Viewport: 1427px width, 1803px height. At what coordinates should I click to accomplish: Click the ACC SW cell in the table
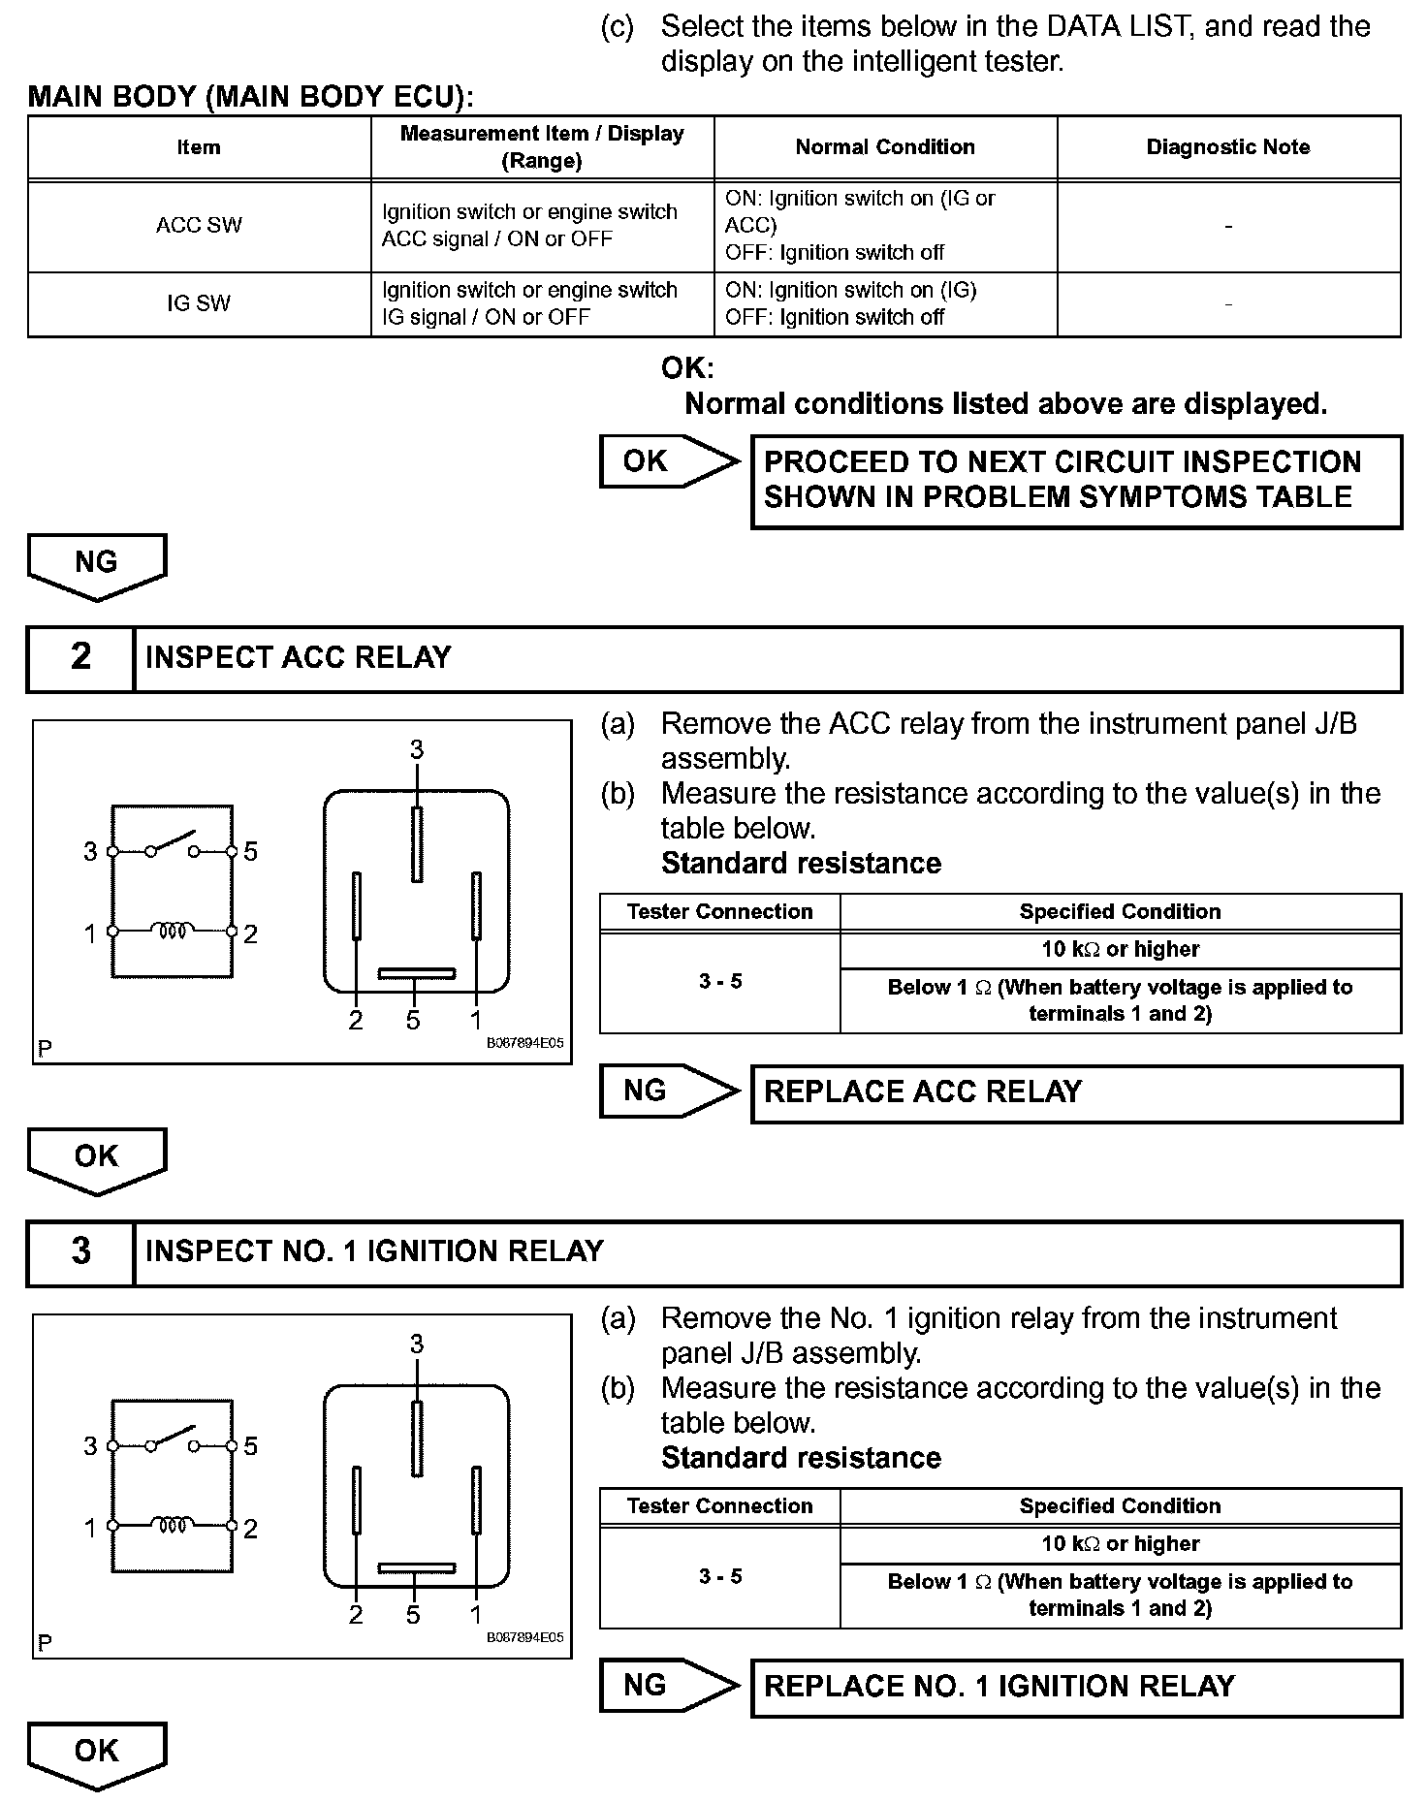click(x=199, y=226)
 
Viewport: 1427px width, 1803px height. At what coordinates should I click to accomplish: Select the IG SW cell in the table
click(x=199, y=304)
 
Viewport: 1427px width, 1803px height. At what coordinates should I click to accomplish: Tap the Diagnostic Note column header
click(x=1228, y=147)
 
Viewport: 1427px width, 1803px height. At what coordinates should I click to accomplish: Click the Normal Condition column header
click(x=885, y=147)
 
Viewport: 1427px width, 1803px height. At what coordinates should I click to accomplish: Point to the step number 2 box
click(x=80, y=658)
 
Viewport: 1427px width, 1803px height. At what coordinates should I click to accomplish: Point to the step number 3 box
click(x=80, y=1252)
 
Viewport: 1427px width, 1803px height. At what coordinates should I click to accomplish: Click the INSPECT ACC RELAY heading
click(x=299, y=658)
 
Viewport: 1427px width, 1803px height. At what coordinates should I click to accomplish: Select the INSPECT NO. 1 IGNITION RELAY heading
click(x=374, y=1252)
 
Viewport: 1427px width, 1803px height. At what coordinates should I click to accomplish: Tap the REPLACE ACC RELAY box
click(x=1076, y=1092)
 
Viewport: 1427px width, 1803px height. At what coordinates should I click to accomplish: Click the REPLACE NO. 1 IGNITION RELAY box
click(x=1076, y=1687)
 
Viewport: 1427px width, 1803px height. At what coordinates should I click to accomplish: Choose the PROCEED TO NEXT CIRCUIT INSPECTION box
click(x=1076, y=481)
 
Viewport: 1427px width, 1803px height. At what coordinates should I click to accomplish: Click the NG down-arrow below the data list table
click(x=97, y=565)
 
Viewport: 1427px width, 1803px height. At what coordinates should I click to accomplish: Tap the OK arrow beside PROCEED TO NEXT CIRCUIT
click(x=667, y=461)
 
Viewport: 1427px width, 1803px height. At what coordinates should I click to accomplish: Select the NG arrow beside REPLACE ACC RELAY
click(x=667, y=1091)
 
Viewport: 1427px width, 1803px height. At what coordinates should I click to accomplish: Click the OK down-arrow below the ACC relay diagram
click(x=97, y=1159)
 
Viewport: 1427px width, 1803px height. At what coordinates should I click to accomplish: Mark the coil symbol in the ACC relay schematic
click(x=173, y=932)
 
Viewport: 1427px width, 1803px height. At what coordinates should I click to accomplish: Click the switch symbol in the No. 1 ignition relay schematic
click(x=173, y=1439)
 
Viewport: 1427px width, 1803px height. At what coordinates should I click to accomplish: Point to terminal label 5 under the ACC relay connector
click(x=414, y=1021)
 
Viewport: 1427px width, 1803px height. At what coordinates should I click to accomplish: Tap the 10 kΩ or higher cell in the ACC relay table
click(x=1120, y=950)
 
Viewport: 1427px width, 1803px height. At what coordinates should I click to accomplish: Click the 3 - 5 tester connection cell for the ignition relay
click(x=720, y=1577)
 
